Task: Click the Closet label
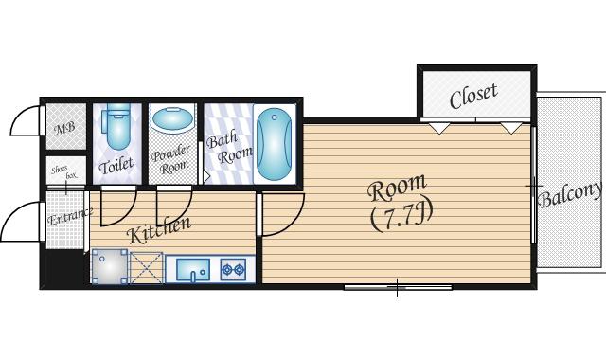pyautogui.click(x=473, y=96)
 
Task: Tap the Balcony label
pyautogui.click(x=571, y=194)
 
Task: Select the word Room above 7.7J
pyautogui.click(x=397, y=188)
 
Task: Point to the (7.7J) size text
pyautogui.click(x=401, y=217)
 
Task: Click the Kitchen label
pyautogui.click(x=159, y=230)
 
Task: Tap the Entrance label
pyautogui.click(x=70, y=217)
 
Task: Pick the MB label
pyautogui.click(x=64, y=128)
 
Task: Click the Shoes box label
pyautogui.click(x=64, y=172)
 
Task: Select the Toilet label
pyautogui.click(x=116, y=166)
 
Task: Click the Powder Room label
pyautogui.click(x=171, y=159)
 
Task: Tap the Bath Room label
pyautogui.click(x=228, y=148)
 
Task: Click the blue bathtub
pyautogui.click(x=274, y=144)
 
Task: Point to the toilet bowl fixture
pyautogui.click(x=117, y=126)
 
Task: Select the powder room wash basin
pyautogui.click(x=172, y=118)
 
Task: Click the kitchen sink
pyautogui.click(x=193, y=269)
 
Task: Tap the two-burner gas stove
pyautogui.click(x=234, y=269)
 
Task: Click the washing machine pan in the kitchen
pyautogui.click(x=110, y=267)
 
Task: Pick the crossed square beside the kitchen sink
pyautogui.click(x=146, y=268)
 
